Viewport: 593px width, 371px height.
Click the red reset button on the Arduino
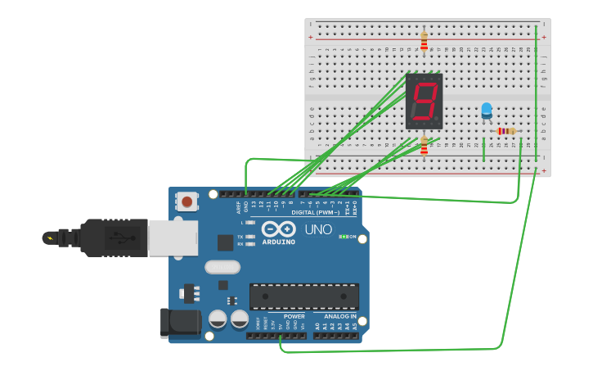pyautogui.click(x=187, y=201)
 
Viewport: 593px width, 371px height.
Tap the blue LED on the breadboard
pyautogui.click(x=487, y=110)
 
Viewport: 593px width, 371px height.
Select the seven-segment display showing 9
pyautogui.click(x=424, y=102)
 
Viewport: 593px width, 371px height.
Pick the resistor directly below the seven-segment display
pyautogui.click(x=424, y=146)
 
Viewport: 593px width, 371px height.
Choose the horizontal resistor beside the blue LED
pyautogui.click(x=507, y=131)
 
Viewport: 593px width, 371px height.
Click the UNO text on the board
pyautogui.click(x=318, y=230)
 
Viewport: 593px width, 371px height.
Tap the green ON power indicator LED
pyautogui.click(x=344, y=237)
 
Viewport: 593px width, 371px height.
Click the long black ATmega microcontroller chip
pyautogui.click(x=303, y=296)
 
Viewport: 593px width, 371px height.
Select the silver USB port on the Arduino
pyautogui.click(x=173, y=238)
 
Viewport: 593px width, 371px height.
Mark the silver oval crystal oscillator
pyautogui.click(x=222, y=266)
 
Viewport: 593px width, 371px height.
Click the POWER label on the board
pyautogui.click(x=294, y=316)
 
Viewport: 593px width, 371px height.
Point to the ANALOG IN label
pyautogui.click(x=340, y=316)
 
